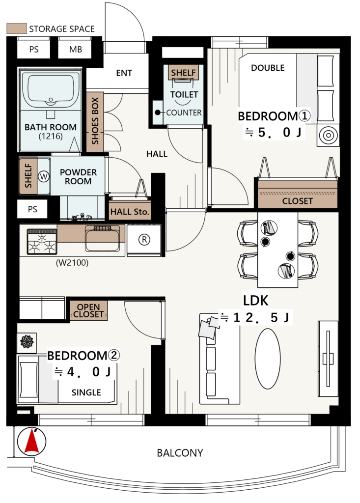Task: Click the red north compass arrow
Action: [32, 442]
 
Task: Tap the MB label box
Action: [76, 50]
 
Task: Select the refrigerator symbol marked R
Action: [144, 239]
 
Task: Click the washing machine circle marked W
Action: [43, 176]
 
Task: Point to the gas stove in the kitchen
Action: [42, 242]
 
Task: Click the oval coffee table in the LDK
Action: [268, 358]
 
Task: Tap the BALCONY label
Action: [180, 453]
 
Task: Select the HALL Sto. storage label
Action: [130, 212]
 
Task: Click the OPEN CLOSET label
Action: [88, 310]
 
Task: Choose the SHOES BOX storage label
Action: [95, 121]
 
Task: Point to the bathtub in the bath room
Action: [51, 90]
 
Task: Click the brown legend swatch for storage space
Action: [16, 28]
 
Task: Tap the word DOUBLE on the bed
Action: [268, 68]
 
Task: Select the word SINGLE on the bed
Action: [86, 392]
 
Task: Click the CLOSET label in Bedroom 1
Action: [298, 201]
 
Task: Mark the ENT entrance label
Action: [124, 73]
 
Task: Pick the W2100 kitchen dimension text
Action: [72, 263]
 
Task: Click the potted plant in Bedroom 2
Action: [27, 341]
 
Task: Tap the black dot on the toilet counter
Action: [158, 112]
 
